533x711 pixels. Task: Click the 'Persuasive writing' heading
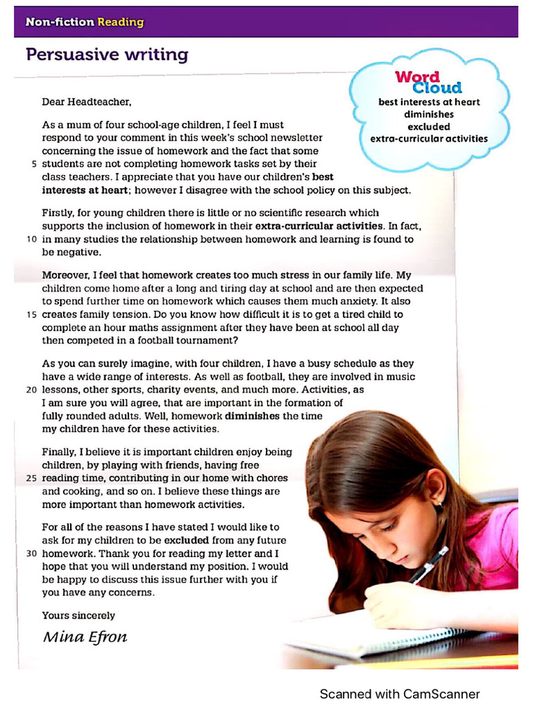(x=106, y=54)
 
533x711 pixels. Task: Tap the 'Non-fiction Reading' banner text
(x=84, y=22)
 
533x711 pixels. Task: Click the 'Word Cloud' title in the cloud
(x=428, y=82)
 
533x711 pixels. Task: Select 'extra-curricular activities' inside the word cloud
(x=428, y=138)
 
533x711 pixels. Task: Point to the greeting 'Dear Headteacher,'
(x=86, y=101)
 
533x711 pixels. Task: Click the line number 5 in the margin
(x=34, y=164)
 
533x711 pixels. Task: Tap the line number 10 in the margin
(x=31, y=239)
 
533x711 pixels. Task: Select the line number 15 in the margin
(x=31, y=315)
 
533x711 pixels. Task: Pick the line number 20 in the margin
(x=31, y=390)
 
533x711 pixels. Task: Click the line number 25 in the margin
(x=31, y=478)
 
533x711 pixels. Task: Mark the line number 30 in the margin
(x=31, y=554)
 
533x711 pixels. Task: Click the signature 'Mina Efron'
(x=85, y=637)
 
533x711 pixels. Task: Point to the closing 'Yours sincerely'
(x=78, y=615)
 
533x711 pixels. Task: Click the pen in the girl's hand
(x=428, y=564)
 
